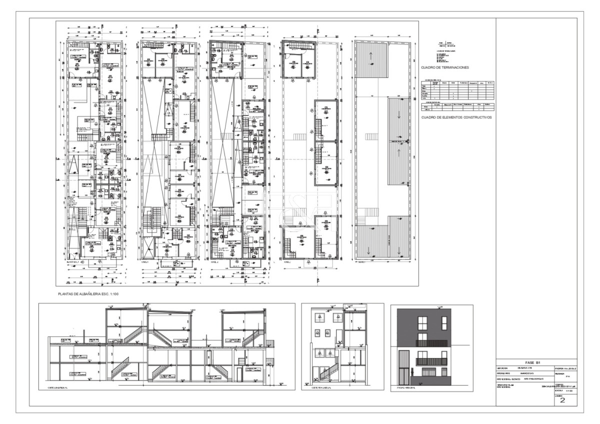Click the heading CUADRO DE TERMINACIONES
click(444, 66)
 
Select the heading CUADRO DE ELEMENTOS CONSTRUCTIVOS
click(456, 117)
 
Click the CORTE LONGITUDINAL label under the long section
click(57, 387)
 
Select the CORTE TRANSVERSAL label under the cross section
click(321, 387)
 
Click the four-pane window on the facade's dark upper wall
click(422, 323)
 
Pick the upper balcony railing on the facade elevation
click(432, 343)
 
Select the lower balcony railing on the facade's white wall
click(432, 361)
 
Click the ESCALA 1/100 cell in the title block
click(562, 391)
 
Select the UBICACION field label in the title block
click(503, 368)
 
